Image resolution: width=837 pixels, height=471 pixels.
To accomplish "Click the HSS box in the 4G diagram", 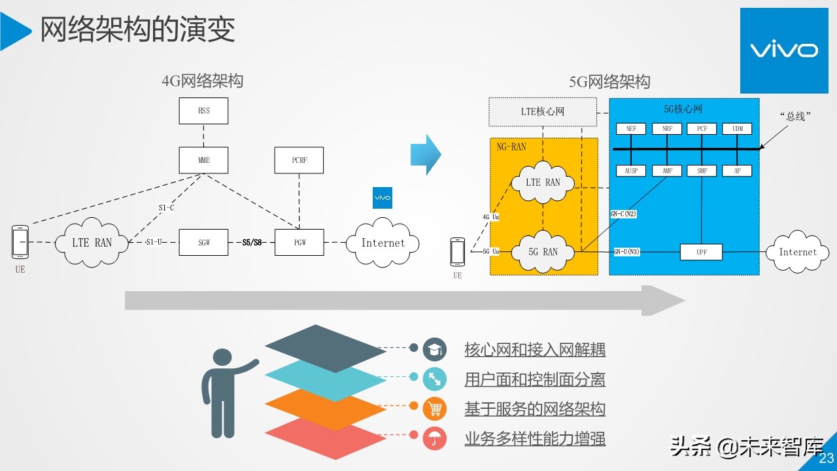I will pos(203,111).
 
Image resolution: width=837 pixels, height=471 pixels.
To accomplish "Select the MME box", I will pos(203,160).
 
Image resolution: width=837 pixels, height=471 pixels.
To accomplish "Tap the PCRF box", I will pos(299,160).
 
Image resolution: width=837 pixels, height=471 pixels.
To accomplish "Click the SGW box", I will pos(203,242).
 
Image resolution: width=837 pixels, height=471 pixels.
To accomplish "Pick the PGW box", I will pos(299,242).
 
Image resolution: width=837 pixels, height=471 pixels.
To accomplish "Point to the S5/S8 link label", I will pos(252,242).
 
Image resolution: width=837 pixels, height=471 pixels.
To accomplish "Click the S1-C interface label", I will pos(166,208).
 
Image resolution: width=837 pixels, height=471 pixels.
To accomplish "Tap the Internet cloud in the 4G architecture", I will pos(383,243).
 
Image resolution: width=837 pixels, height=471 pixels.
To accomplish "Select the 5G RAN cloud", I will pos(541,252).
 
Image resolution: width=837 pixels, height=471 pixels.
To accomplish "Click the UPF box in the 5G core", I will pos(701,252).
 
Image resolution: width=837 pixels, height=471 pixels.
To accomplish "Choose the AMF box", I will pos(666,171).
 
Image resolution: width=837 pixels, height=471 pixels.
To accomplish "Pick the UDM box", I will pos(737,129).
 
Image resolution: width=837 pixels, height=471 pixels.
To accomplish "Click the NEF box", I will pos(631,129).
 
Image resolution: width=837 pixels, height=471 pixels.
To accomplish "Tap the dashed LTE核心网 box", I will pos(542,112).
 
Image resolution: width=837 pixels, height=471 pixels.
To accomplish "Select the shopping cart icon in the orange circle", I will pos(434,409).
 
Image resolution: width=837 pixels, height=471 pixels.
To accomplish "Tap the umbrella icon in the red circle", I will pos(434,438).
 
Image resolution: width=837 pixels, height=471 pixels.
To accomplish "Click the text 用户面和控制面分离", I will pos(534,379).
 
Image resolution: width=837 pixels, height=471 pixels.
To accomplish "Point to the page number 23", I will pos(826,458).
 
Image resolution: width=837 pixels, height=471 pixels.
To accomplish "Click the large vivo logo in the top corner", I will pos(783,50).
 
